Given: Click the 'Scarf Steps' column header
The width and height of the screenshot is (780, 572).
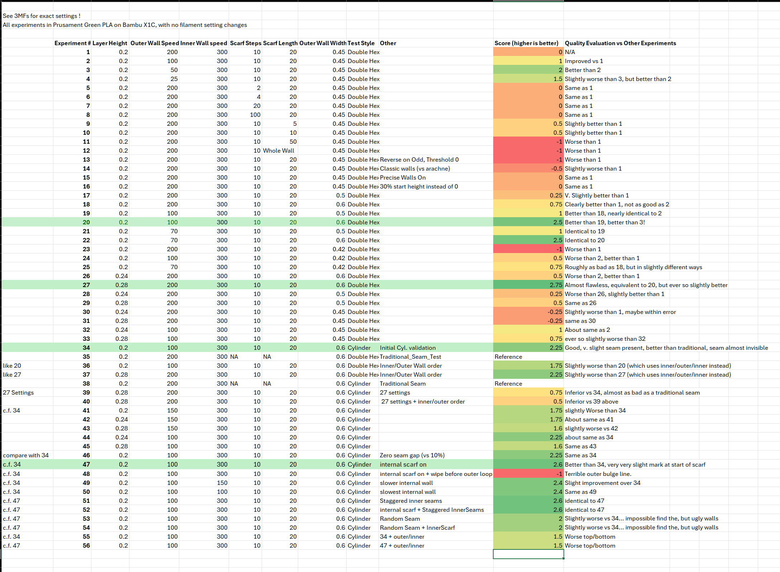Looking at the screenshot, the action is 246,43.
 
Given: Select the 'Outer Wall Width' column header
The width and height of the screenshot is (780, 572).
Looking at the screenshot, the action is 323,43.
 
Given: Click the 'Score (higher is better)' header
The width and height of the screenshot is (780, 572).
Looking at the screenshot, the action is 526,43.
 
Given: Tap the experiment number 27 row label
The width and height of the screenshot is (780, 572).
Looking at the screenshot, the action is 86,285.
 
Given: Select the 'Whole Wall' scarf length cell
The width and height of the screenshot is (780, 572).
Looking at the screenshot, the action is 279,151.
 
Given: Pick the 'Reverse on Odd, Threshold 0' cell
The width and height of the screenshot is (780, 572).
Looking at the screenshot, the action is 419,159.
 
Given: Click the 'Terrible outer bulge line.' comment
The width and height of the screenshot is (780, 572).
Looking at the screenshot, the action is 598,474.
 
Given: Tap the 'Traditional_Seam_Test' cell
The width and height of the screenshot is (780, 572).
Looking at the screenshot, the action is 410,357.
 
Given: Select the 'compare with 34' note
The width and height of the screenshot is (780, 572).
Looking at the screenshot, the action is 26,455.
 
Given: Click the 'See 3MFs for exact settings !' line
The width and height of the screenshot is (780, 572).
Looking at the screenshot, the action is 42,16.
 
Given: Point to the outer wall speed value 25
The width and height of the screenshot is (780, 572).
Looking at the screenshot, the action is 174,79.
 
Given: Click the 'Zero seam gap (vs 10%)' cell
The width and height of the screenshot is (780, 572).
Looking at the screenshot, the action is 412,455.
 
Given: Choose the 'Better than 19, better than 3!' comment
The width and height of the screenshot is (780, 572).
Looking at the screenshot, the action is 605,222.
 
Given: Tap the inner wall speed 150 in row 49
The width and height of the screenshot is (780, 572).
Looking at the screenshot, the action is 222,483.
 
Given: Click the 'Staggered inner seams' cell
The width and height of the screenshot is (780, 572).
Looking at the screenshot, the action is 411,501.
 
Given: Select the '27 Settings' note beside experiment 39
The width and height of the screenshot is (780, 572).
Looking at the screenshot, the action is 18,392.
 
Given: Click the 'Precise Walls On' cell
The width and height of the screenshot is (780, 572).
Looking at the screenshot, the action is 403,177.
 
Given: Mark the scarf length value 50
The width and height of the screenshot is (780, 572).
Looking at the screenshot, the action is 293,142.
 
